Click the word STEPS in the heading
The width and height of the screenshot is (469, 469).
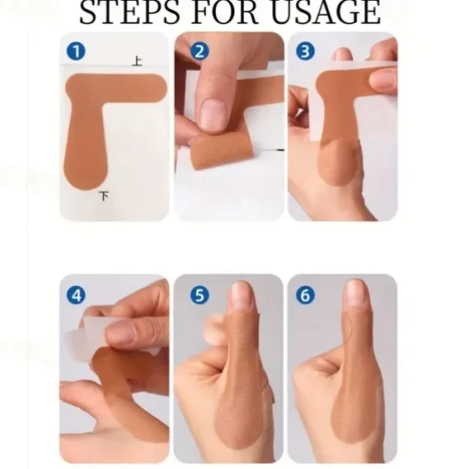[129, 12]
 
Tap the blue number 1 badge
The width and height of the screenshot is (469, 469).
[76, 51]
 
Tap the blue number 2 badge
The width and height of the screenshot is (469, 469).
[200, 51]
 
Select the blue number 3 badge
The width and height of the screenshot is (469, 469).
[305, 51]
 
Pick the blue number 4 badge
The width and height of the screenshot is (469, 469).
[76, 295]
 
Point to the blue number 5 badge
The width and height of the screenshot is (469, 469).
[200, 295]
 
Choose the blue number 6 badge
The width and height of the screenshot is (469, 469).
[305, 295]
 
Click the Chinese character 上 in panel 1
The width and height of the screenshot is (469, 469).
[137, 61]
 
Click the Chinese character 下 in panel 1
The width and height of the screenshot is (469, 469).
[104, 196]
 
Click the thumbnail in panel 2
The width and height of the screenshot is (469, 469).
[212, 114]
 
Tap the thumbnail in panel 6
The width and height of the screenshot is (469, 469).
[356, 292]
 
